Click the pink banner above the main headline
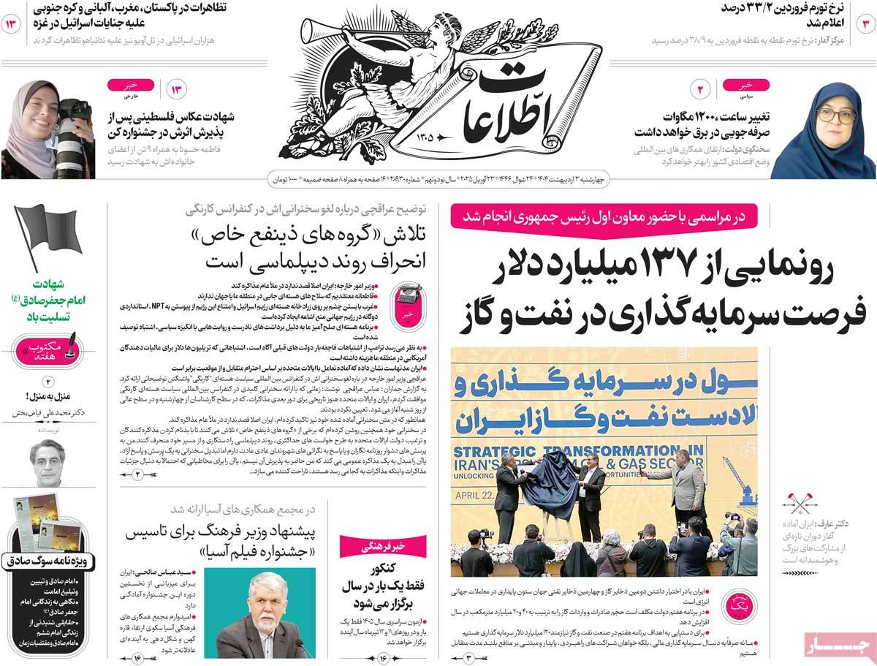click(604, 216)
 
